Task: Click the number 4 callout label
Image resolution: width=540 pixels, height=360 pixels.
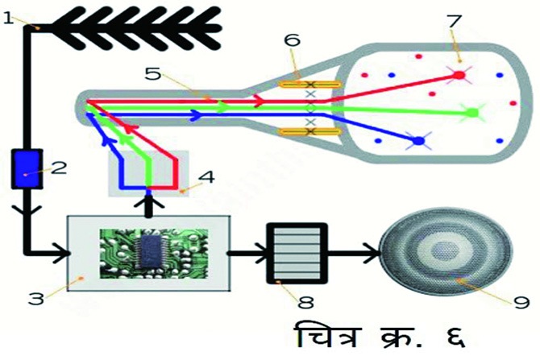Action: point(206,176)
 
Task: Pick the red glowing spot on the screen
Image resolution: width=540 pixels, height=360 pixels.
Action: point(459,75)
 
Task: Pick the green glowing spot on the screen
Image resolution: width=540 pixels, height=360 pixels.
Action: point(472,114)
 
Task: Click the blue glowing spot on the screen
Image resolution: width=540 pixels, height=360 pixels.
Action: point(418,143)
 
